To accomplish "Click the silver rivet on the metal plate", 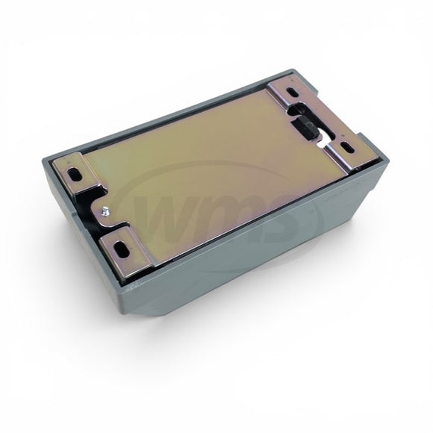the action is click(x=105, y=211).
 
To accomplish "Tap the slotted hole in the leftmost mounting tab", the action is click(x=74, y=174).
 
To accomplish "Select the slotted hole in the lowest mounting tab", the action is click(x=122, y=247).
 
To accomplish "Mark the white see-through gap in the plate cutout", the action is click(x=323, y=140).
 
